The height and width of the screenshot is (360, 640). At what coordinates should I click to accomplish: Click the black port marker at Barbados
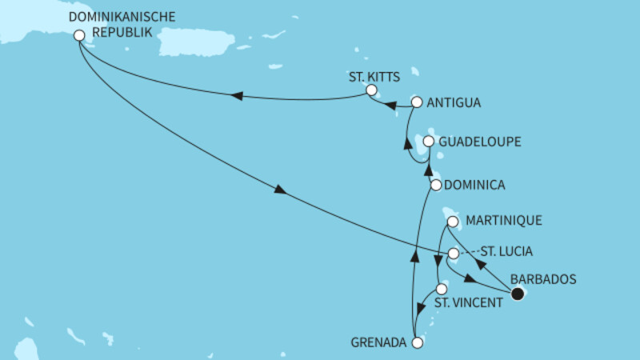518,294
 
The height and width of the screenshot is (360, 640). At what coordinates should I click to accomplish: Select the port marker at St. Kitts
371,90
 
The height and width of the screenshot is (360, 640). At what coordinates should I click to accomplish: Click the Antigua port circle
416,102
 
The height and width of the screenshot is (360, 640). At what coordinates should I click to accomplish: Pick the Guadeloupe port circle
429,142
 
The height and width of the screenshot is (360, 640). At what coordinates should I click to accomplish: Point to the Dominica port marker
436,185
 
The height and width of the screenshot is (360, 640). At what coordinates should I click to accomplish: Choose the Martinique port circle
453,222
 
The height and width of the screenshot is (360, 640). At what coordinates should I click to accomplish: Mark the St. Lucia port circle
453,254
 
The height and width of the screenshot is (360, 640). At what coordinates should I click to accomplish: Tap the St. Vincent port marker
441,289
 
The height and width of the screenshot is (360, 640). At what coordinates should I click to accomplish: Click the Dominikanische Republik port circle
78,35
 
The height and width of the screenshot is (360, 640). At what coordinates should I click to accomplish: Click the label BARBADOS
541,279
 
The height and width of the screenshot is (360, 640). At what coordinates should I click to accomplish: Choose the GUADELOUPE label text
480,142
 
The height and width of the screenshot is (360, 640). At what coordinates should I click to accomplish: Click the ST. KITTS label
372,76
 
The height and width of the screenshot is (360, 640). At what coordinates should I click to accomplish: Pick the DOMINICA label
476,185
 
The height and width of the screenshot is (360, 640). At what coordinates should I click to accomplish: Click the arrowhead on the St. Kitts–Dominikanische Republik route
237,96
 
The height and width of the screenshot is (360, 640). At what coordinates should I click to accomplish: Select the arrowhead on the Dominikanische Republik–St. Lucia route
279,190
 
